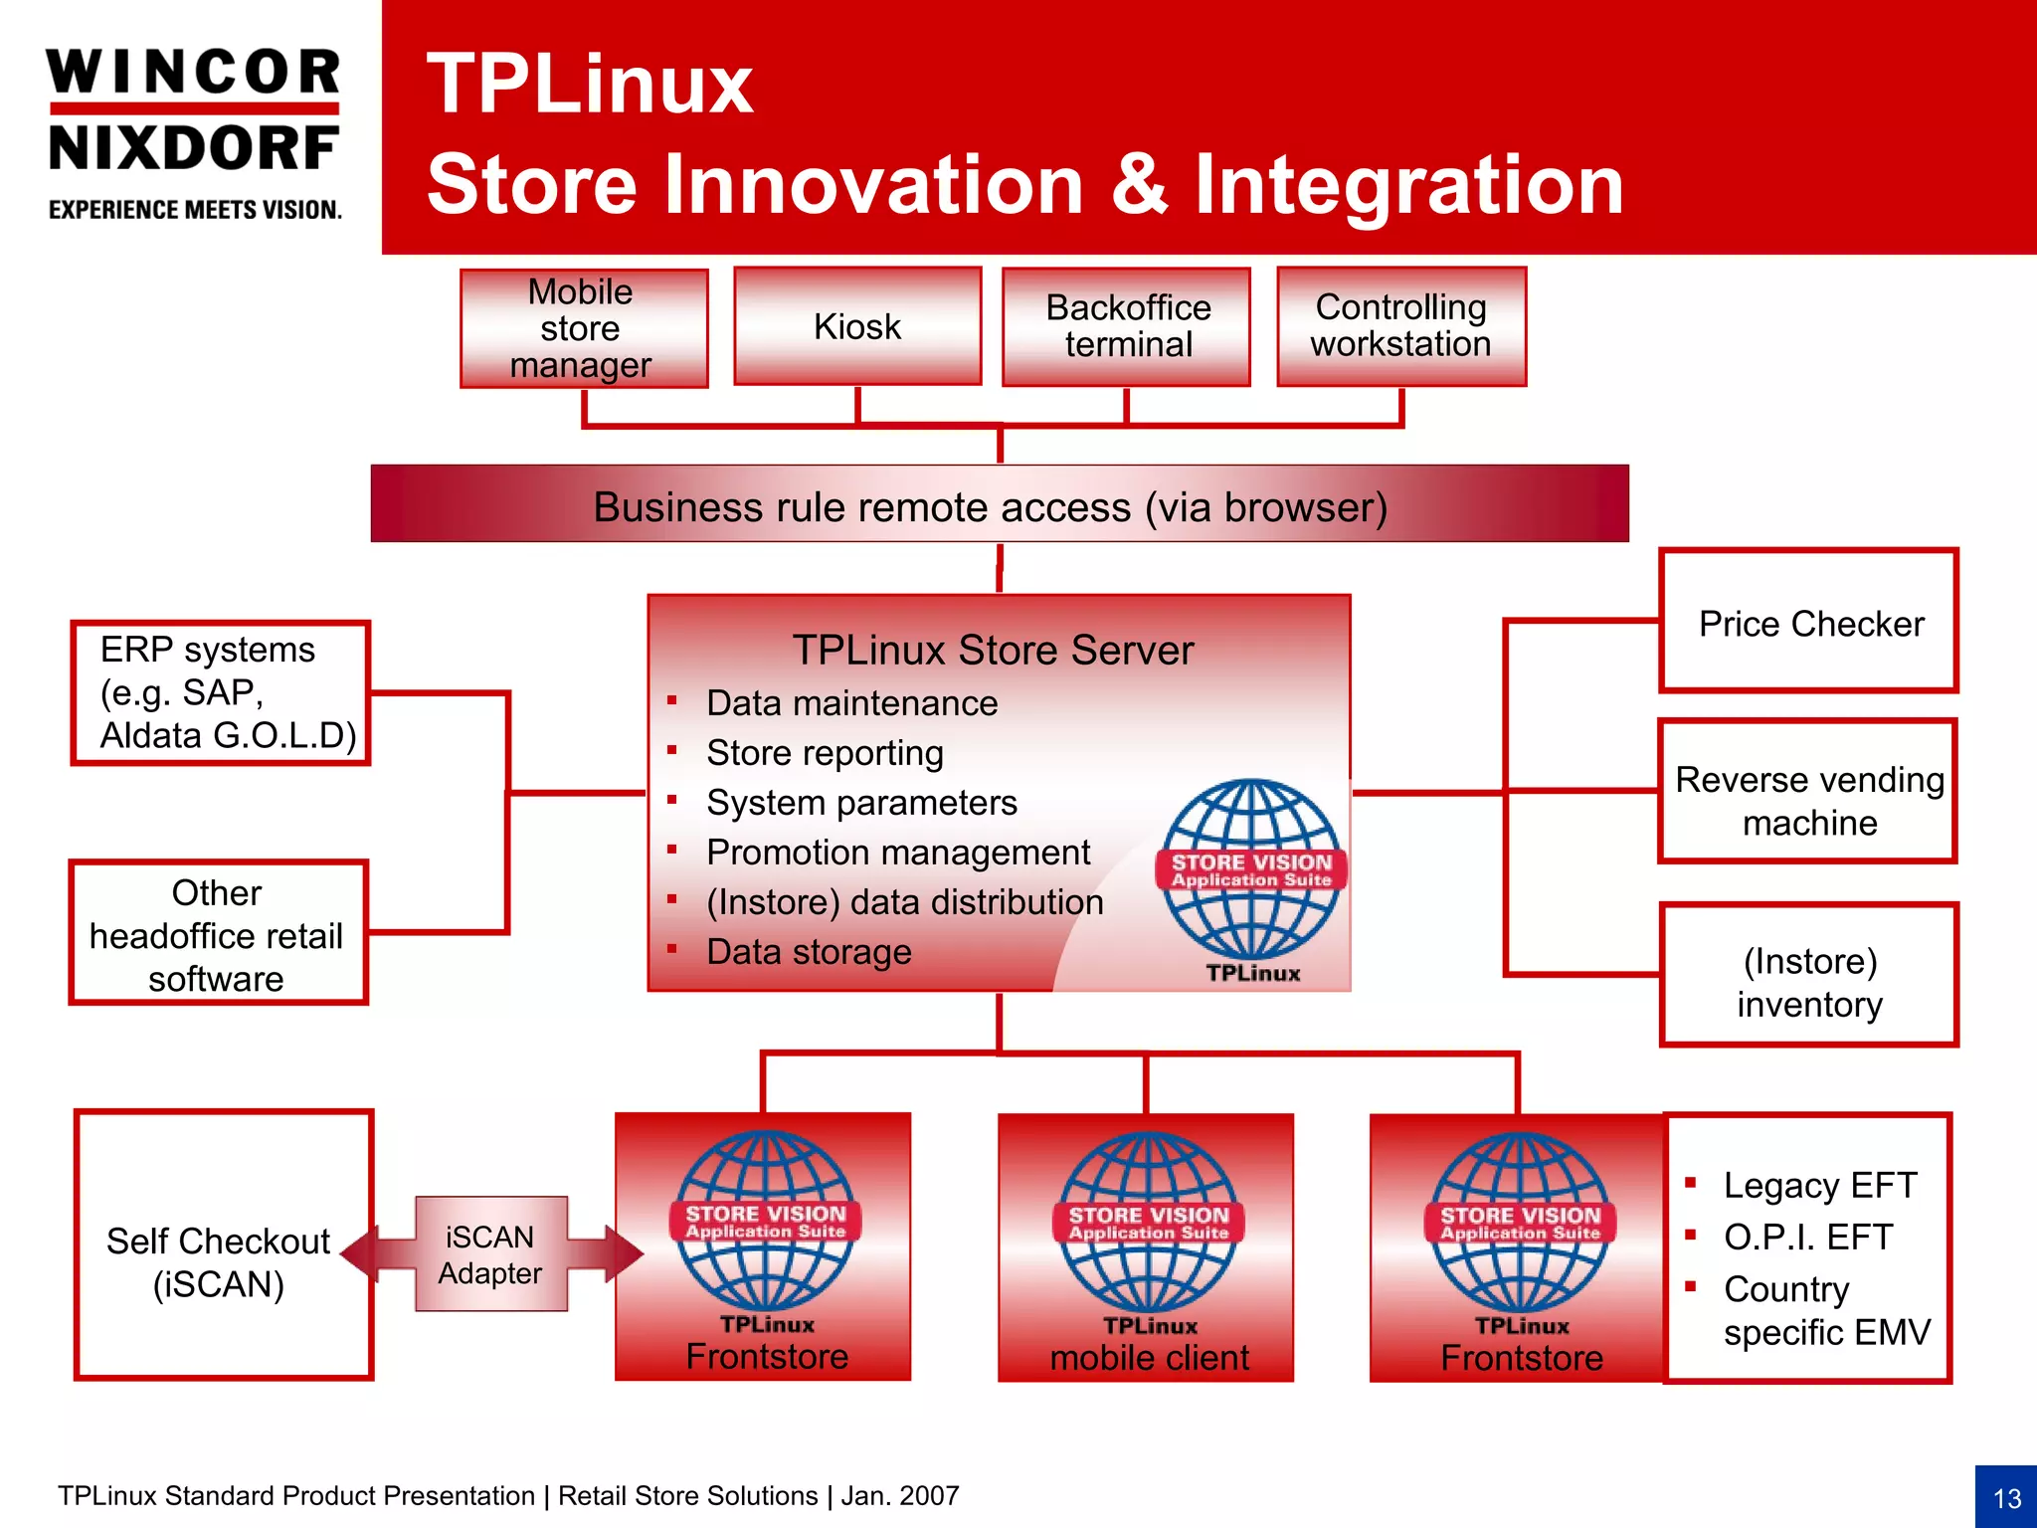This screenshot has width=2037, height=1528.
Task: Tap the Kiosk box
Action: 857,326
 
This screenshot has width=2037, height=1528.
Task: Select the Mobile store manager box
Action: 583,328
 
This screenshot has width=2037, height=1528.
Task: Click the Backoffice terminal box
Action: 1126,326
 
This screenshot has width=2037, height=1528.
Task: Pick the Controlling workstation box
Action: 1400,326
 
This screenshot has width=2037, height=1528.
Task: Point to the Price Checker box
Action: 1808,622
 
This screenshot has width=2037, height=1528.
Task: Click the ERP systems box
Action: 220,692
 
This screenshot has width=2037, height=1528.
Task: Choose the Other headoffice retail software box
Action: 218,933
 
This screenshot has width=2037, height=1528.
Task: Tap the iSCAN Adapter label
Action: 490,1253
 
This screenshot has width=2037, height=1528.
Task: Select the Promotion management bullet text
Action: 897,853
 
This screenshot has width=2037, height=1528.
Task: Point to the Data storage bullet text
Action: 808,952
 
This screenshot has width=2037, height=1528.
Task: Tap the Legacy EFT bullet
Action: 1818,1185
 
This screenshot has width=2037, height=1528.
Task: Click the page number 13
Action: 2006,1497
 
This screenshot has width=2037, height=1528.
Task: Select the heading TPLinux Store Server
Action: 992,651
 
